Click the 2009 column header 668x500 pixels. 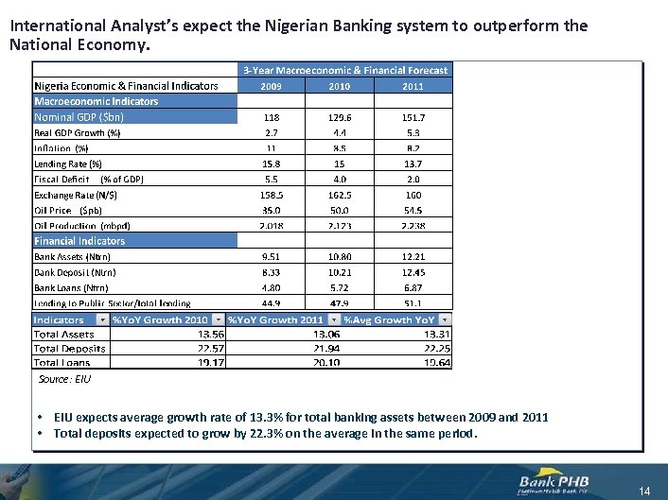pos(272,86)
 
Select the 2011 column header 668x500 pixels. pos(413,86)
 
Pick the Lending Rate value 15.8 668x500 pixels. pos(272,164)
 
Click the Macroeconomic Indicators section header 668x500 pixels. pos(97,101)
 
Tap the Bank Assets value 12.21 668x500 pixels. pos(413,256)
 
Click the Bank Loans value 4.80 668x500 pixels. pos(272,287)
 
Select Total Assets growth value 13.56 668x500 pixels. pos(211,334)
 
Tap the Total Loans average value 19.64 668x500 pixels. pos(437,362)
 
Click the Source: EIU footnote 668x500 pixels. pos(64,379)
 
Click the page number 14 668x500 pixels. pos(644,491)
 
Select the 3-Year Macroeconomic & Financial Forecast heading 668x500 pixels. pos(344,70)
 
